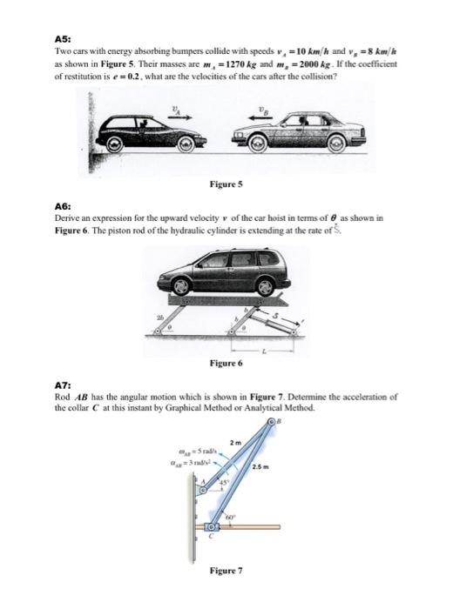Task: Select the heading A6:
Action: pyautogui.click(x=64, y=207)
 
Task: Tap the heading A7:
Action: pyautogui.click(x=64, y=385)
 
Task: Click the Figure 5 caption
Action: pyautogui.click(x=226, y=184)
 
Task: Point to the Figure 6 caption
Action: pyautogui.click(x=226, y=361)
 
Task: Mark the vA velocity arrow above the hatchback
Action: pyautogui.click(x=179, y=115)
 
